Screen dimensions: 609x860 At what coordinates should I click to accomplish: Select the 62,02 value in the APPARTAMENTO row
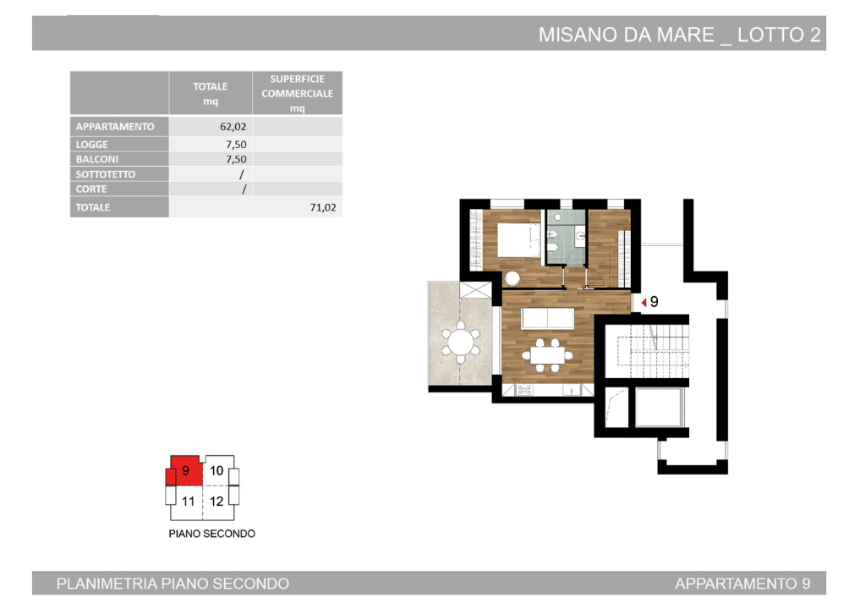233,127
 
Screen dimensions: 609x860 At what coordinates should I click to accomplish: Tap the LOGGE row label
92,145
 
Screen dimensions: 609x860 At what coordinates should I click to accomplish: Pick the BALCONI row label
97,159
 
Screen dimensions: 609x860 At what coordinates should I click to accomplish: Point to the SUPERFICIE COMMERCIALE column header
297,93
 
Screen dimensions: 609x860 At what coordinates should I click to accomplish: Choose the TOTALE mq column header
211,93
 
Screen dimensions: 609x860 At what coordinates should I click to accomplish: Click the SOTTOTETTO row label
106,174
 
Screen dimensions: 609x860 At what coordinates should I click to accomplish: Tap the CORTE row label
91,189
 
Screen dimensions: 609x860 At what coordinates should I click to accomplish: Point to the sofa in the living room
548,318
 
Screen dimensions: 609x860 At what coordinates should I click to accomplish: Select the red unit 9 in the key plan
185,471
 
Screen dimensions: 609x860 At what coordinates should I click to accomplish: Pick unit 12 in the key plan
216,501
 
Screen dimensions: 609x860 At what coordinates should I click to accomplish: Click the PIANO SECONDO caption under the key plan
211,534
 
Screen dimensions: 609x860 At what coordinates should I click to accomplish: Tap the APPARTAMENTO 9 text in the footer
742,584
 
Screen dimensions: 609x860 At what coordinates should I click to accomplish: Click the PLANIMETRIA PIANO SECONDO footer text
173,584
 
